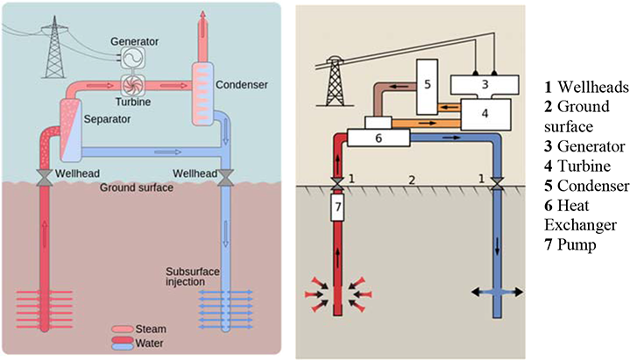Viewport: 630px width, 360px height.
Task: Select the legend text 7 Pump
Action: click(x=569, y=244)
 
